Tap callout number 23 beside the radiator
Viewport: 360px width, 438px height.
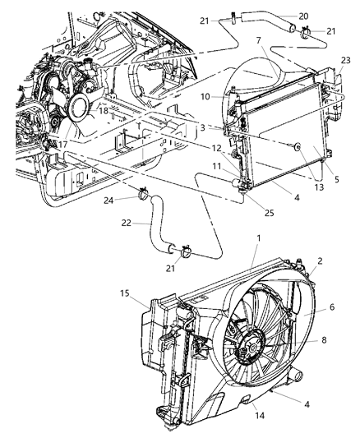(345, 59)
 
